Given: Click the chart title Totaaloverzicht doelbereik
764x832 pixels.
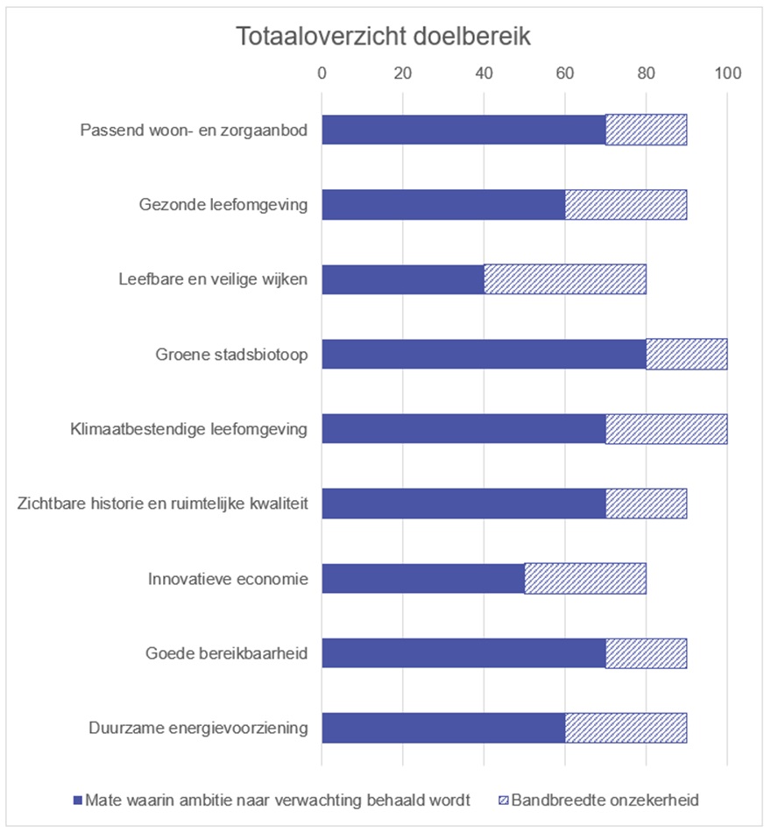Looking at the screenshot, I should pyautogui.click(x=383, y=39).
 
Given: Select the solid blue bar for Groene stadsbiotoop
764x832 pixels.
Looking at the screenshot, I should pyautogui.click(x=484, y=354).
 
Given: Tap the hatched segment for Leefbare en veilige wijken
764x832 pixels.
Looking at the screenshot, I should pyautogui.click(x=565, y=279).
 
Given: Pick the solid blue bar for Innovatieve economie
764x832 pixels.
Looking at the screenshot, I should pyautogui.click(x=423, y=578).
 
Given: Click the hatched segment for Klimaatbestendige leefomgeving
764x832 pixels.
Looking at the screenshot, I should pyautogui.click(x=666, y=429).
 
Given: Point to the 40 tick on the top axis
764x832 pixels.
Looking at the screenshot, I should pyautogui.click(x=484, y=73).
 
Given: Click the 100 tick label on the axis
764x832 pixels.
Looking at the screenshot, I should pyautogui.click(x=727, y=73).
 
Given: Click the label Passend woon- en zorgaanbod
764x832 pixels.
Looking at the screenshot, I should pyautogui.click(x=194, y=130).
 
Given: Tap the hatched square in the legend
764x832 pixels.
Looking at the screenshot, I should pyautogui.click(x=503, y=800).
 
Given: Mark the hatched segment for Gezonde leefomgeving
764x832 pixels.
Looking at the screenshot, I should pyautogui.click(x=626, y=205).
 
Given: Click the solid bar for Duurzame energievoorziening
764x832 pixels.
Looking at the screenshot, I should pyautogui.click(x=443, y=728).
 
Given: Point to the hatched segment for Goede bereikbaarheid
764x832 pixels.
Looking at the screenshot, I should pyautogui.click(x=646, y=653).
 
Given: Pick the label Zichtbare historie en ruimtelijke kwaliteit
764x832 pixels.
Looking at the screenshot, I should pyautogui.click(x=163, y=504).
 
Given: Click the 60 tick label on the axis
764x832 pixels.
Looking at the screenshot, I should pyautogui.click(x=565, y=73).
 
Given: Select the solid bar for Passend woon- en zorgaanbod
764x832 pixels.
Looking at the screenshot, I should pyautogui.click(x=463, y=130).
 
